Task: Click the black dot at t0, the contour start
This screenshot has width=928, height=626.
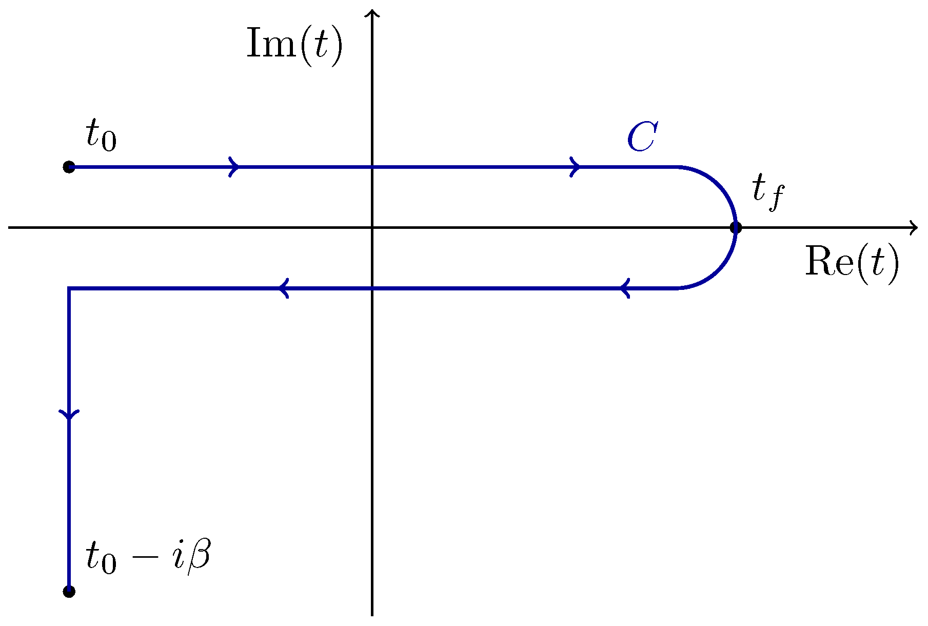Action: (x=69, y=167)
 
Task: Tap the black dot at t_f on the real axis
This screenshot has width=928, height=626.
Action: (x=736, y=227)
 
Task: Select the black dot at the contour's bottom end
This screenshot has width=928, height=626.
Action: (x=69, y=592)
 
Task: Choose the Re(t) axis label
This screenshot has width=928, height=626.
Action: (x=852, y=262)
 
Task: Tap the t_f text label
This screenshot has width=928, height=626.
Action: (x=768, y=192)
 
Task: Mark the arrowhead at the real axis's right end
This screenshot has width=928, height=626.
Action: (x=913, y=227)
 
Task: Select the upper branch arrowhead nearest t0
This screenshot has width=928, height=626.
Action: (x=234, y=167)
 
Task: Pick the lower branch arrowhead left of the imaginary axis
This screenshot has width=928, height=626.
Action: (x=283, y=288)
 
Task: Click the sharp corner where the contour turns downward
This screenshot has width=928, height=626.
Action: (x=69, y=288)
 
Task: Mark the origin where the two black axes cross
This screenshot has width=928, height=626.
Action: (x=371, y=227)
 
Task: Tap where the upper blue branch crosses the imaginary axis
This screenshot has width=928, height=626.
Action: (x=371, y=167)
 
